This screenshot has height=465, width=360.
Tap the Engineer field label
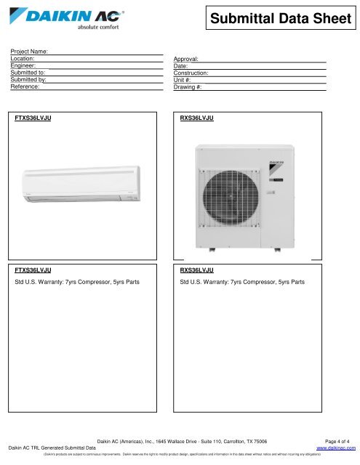point(24,65)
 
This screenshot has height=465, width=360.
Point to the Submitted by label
point(28,79)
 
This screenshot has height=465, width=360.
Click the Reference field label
point(25,86)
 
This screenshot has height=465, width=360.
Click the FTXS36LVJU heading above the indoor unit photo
point(33,117)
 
